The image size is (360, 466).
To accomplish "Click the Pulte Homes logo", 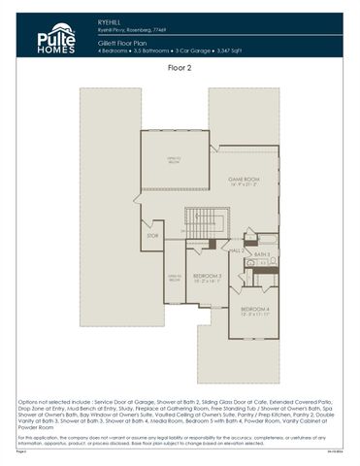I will (x=49, y=39).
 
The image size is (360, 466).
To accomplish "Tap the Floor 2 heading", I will (x=179, y=69).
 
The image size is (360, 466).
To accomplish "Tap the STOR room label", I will (x=151, y=235).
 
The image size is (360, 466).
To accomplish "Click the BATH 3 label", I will (x=262, y=253).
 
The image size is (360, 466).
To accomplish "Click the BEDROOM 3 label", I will (x=205, y=276).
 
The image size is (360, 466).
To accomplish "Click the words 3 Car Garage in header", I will (x=209, y=51).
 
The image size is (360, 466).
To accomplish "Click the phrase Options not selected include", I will (x=49, y=400).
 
